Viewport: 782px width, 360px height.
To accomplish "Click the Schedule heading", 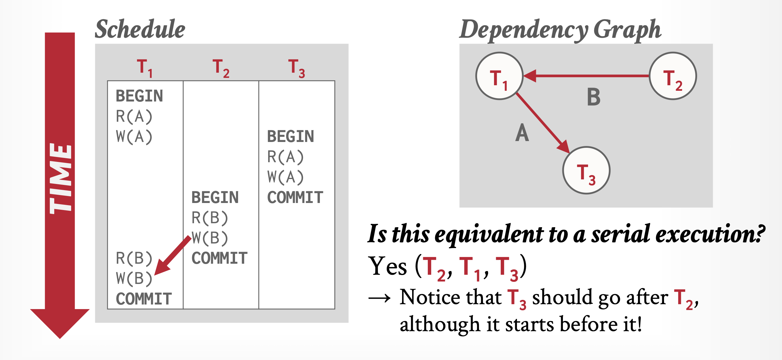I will tap(140, 29).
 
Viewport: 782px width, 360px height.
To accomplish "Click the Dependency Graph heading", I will tap(560, 30).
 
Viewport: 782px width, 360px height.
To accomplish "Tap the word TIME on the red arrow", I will tap(61, 178).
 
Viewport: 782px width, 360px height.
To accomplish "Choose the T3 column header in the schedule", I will tap(296, 68).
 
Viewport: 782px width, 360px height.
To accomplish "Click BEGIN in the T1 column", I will tap(139, 96).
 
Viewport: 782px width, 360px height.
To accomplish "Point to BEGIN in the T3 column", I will tap(290, 136).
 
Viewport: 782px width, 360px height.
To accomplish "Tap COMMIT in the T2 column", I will tap(219, 258).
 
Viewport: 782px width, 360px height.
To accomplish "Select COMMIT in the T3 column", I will tap(295, 197).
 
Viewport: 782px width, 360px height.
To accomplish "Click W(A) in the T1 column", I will tap(134, 137).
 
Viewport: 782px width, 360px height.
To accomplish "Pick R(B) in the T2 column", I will tap(210, 218).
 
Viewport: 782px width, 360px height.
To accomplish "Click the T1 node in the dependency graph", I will tap(499, 76).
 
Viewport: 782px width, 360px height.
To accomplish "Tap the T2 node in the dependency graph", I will tap(673, 76).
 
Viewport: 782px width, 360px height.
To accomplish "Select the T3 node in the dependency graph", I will tap(586, 170).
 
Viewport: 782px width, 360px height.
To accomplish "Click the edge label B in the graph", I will tap(594, 97).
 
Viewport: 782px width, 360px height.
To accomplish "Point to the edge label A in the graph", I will tap(522, 133).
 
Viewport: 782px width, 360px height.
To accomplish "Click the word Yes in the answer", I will tap(388, 266).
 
